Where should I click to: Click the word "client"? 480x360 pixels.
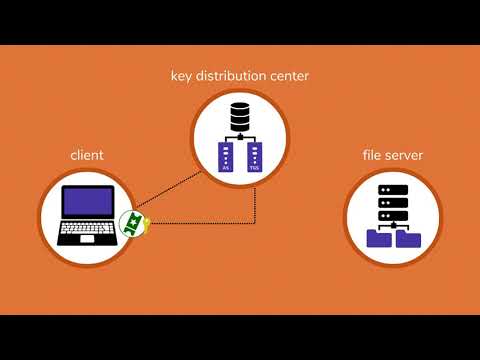[87, 155]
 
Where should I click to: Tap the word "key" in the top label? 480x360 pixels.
[182, 76]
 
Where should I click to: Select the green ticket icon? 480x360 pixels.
[130, 223]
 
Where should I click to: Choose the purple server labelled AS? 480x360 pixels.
[225, 157]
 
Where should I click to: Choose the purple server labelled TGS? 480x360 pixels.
[254, 157]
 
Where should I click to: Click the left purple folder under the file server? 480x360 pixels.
[379, 238]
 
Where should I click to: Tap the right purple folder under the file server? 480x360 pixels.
[410, 238]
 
